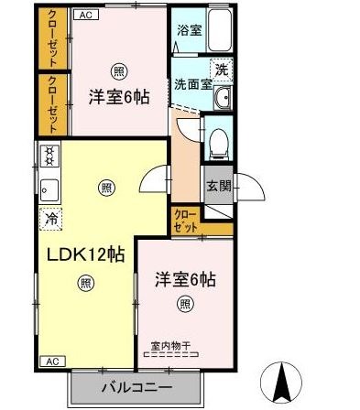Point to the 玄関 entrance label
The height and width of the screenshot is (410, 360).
(x=218, y=187)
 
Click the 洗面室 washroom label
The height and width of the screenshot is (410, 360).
(x=194, y=82)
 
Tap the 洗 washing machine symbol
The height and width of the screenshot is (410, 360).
(x=222, y=69)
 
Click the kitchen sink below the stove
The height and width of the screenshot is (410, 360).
(x=49, y=189)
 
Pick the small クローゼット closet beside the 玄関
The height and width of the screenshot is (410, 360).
(x=185, y=220)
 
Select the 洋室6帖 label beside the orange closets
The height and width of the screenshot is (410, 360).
(x=119, y=96)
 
